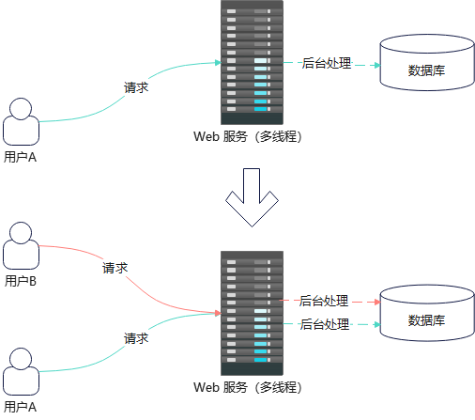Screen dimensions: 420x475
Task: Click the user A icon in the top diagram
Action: (21, 122)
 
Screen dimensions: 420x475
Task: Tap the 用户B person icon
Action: (21, 246)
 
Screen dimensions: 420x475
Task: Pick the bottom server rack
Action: (252, 313)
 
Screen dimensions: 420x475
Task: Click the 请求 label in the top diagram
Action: (136, 87)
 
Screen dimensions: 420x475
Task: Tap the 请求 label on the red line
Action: (115, 268)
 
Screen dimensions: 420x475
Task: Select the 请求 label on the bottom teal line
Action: (136, 337)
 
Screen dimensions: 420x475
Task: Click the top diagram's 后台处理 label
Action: (326, 64)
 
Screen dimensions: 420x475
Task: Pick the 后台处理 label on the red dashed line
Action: (324, 302)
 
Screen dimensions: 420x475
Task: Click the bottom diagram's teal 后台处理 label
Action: (324, 324)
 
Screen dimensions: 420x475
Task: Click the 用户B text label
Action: (21, 280)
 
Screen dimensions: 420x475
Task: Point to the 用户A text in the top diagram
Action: (21, 156)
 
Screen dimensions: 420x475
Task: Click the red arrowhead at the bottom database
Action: (375, 302)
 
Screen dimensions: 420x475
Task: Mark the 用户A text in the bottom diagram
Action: (21, 407)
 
